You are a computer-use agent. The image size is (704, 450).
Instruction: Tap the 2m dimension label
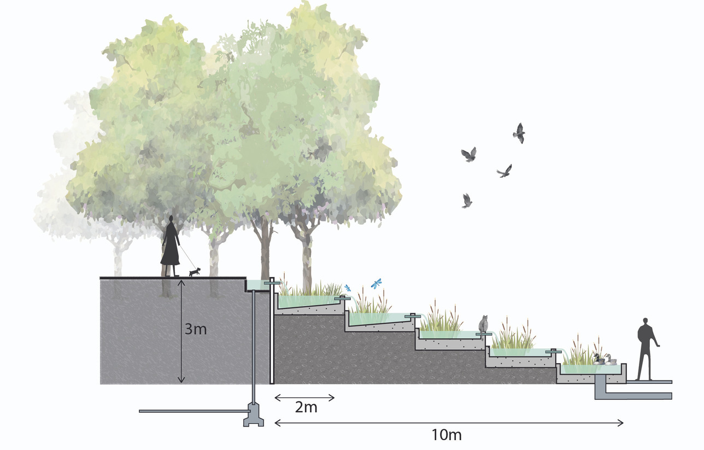click(x=306, y=407)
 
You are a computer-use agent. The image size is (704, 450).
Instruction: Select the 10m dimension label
click(x=447, y=435)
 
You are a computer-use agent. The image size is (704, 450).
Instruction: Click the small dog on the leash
click(x=195, y=271)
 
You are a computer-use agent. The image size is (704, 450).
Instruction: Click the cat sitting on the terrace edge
click(x=483, y=324)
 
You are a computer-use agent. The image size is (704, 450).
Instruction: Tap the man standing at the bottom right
click(x=647, y=348)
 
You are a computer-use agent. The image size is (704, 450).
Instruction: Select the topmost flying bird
click(x=519, y=132)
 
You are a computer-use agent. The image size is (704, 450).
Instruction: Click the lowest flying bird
click(x=466, y=201)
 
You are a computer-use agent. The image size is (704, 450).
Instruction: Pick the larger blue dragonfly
click(x=376, y=283)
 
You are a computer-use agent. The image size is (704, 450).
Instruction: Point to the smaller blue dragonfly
click(x=347, y=288)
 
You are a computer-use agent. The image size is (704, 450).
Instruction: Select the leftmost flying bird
click(x=468, y=154)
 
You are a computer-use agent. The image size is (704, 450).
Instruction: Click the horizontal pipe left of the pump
click(x=191, y=411)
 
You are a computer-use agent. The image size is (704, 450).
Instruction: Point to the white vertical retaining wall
click(x=272, y=334)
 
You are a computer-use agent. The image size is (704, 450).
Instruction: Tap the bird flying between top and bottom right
click(x=504, y=171)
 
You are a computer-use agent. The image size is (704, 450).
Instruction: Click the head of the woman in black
click(x=172, y=220)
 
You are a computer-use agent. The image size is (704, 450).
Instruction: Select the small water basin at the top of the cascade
click(x=258, y=285)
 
